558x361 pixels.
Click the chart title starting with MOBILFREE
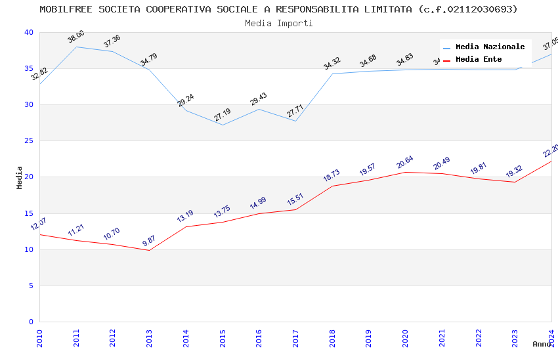coord(278,9)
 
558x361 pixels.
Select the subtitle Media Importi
coord(278,23)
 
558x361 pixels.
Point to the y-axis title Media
coord(20,177)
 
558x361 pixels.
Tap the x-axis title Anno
coord(542,344)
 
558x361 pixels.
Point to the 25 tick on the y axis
coord(28,141)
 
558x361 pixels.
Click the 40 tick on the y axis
coord(28,33)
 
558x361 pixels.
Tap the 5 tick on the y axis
coord(30,286)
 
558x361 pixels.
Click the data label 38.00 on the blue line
coord(76,37)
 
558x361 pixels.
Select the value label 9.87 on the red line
coord(150,242)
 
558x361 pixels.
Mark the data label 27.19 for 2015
coord(223,115)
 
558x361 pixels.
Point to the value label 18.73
coord(332,176)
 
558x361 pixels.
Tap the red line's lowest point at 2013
coord(149,250)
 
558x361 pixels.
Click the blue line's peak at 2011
coord(76,47)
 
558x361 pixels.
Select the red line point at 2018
coord(332,186)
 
